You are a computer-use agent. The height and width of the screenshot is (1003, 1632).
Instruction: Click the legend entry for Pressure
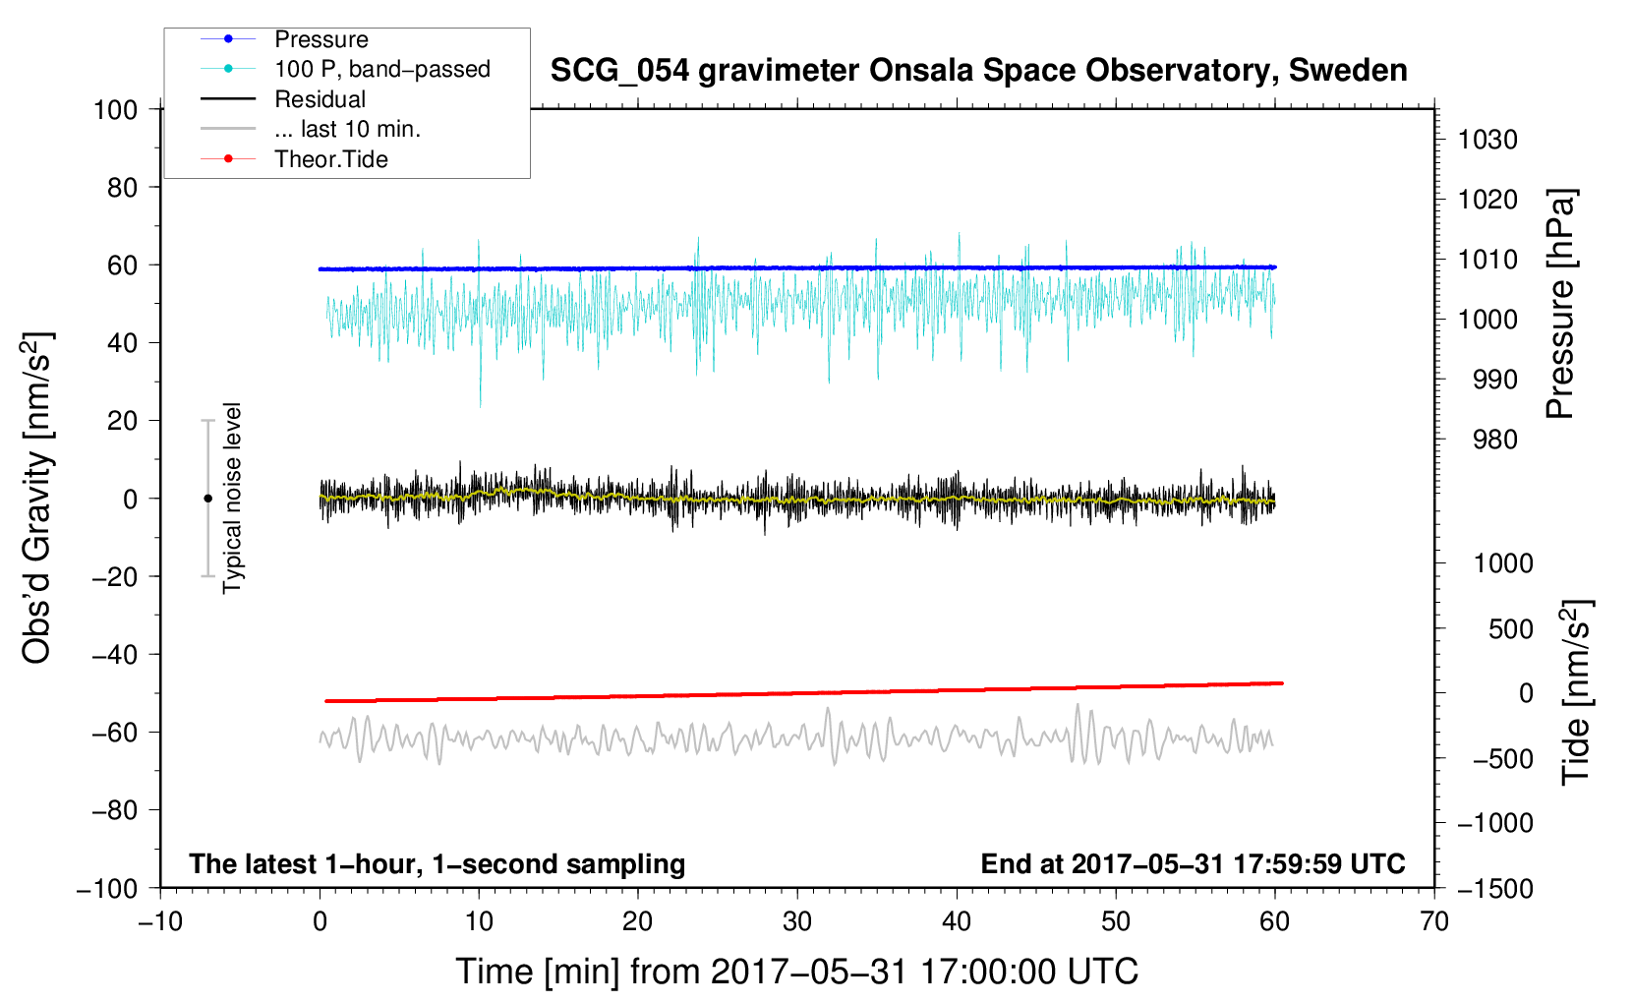(x=321, y=39)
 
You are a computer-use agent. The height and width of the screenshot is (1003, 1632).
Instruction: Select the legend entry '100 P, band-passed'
(x=381, y=69)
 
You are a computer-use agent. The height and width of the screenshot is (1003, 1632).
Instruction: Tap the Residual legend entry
(x=320, y=99)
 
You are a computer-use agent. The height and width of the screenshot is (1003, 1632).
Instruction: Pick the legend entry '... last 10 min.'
(x=347, y=129)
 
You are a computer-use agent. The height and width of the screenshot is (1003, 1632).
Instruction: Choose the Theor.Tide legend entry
(x=330, y=159)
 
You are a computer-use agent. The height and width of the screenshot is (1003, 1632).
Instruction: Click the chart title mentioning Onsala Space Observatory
(x=978, y=71)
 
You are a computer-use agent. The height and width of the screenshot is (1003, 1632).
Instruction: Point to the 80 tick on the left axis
(x=122, y=187)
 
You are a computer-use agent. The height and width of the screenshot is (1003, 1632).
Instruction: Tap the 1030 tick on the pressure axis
(x=1487, y=140)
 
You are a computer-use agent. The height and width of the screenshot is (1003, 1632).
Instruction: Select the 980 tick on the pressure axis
(x=1494, y=440)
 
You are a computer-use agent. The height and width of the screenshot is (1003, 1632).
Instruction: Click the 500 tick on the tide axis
(x=1510, y=628)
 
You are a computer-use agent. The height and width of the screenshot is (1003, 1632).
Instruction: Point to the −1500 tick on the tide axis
(x=1495, y=888)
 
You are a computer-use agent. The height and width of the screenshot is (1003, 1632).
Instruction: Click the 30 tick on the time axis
(x=797, y=921)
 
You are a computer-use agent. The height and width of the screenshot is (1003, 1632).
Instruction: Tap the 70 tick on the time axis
(x=1434, y=921)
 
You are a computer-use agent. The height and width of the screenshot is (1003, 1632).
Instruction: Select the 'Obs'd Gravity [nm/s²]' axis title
(x=37, y=498)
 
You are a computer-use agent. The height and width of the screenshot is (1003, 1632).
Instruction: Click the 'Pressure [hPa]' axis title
(x=1560, y=304)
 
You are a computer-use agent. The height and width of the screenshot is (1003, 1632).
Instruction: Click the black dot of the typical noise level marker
(x=207, y=499)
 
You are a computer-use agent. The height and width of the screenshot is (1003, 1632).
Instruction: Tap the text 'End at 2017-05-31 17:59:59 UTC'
(x=1193, y=863)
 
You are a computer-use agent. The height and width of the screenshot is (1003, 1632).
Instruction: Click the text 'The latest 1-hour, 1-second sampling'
(x=437, y=863)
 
